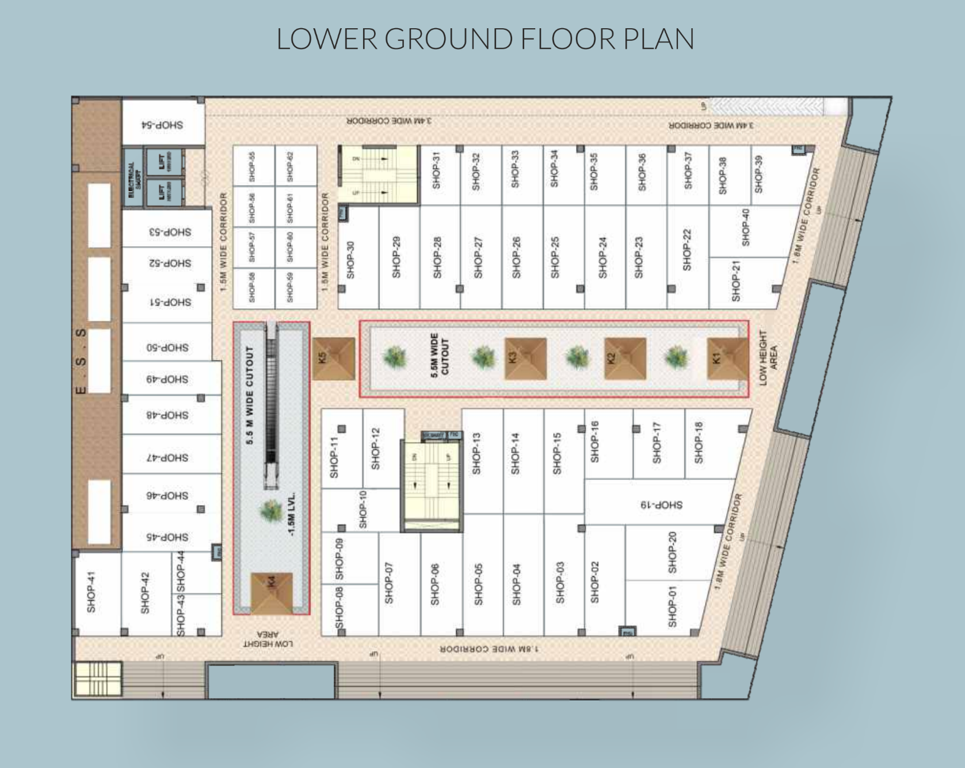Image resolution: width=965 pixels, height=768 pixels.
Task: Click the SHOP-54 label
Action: click(162, 125)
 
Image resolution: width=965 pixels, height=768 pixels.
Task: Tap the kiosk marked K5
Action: click(333, 358)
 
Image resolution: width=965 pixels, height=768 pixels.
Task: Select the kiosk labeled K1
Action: click(727, 358)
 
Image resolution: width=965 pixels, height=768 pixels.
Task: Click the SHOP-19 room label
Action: click(661, 505)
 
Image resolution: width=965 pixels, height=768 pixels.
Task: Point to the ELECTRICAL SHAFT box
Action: click(133, 177)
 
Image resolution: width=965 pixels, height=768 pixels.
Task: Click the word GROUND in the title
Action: click(448, 39)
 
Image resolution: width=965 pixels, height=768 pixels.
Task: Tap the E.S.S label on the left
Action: click(81, 361)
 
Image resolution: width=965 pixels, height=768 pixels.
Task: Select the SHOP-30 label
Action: click(350, 260)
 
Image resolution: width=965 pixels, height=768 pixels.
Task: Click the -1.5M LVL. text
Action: click(292, 514)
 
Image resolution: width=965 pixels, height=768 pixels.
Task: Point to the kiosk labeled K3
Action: click(525, 358)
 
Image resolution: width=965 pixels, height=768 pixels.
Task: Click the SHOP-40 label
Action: click(746, 227)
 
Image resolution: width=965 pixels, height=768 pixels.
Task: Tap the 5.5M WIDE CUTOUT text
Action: click(440, 356)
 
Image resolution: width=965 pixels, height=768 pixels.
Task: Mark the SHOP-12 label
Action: click(376, 449)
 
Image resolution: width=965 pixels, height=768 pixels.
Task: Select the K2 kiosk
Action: click(624, 358)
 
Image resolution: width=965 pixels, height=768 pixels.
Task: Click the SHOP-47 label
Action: click(167, 457)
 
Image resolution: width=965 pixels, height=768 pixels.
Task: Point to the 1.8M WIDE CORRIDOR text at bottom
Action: click(489, 648)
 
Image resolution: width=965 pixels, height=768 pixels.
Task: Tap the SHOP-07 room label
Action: click(389, 583)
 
